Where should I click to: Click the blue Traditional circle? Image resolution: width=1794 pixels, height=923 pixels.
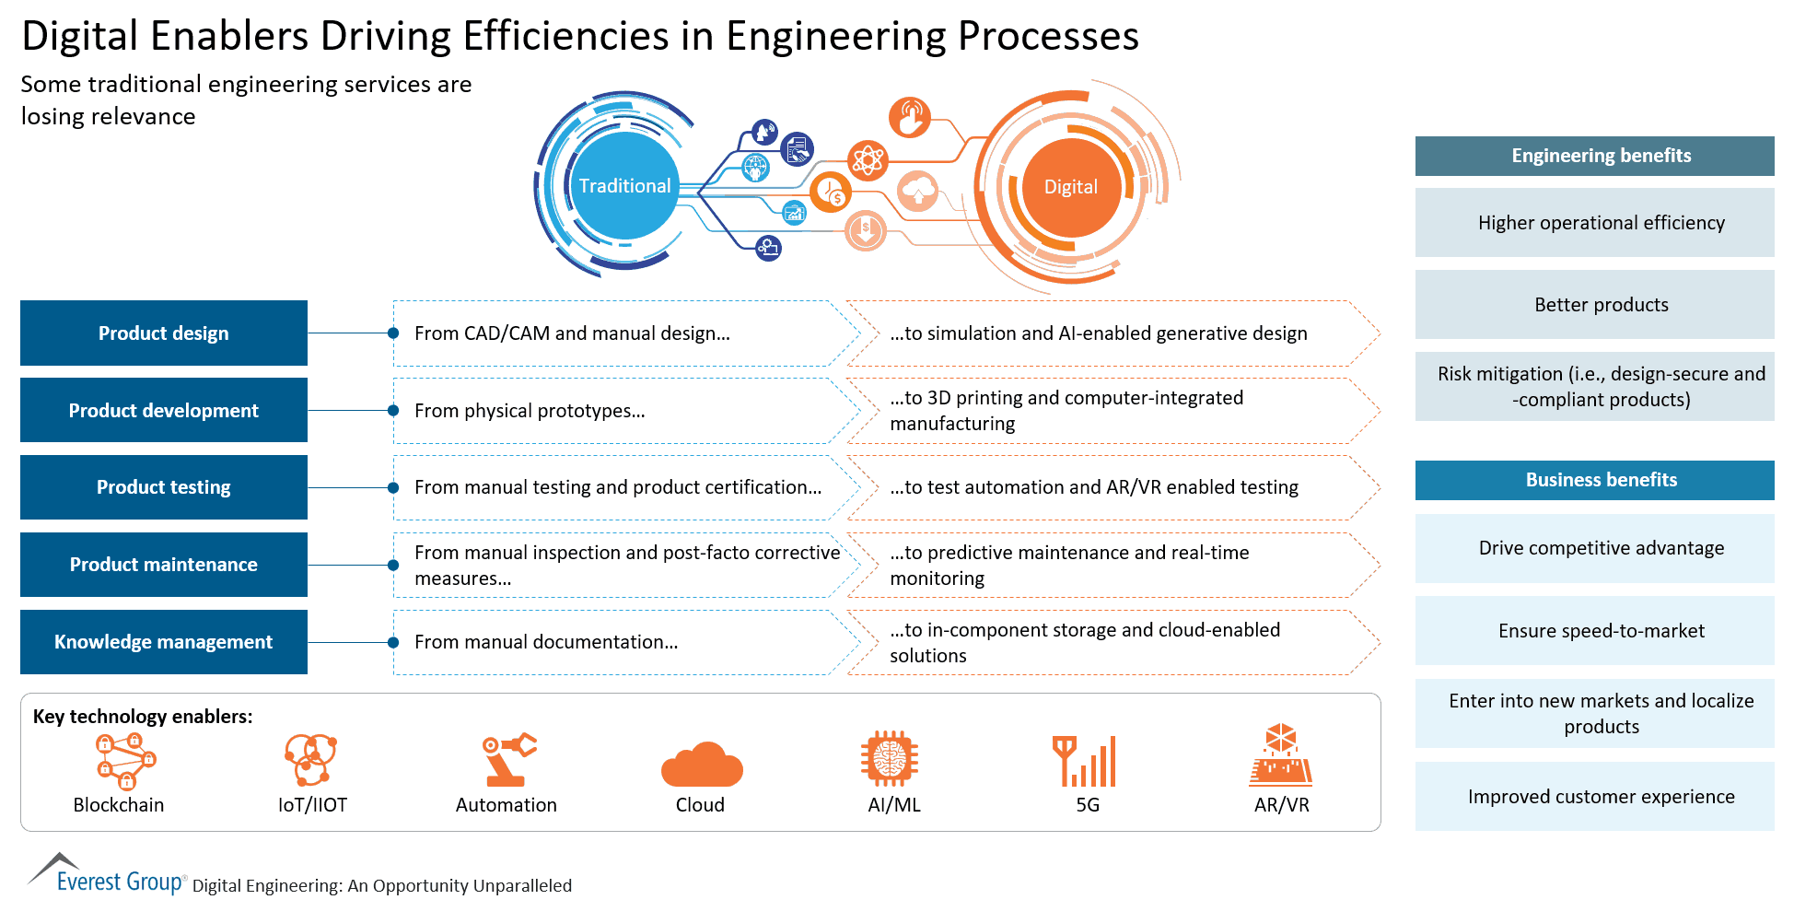pos(624,186)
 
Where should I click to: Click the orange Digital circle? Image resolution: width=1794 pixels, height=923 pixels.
pos(1070,187)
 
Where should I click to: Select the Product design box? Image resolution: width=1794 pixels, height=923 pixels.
pos(164,333)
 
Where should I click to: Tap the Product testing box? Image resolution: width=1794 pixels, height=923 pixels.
pos(164,487)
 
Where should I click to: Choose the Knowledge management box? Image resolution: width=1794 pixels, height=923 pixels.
pos(164,642)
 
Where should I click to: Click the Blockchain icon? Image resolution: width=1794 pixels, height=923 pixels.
pos(125,761)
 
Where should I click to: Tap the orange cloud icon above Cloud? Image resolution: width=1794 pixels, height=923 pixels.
pos(701,764)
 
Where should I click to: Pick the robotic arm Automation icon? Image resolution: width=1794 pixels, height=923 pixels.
pos(508,759)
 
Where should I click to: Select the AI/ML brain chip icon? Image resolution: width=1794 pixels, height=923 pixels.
pos(889,759)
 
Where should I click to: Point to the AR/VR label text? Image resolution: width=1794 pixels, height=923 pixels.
pos(1281,805)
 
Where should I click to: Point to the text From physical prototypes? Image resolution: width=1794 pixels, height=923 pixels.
pos(530,411)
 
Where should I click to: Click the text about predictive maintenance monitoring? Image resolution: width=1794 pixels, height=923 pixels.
pos(1068,565)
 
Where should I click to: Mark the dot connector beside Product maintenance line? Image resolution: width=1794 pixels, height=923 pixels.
pos(393,565)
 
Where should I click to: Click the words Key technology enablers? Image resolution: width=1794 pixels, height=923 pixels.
pos(143,717)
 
